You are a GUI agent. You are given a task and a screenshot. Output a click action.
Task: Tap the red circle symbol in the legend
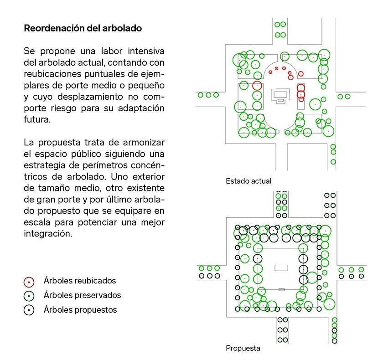point(29,282)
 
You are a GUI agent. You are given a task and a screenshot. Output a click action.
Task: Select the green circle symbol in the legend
point(29,296)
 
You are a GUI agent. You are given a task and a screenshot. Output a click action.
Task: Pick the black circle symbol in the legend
point(29,310)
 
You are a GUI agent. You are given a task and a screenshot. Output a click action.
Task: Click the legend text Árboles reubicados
point(80,281)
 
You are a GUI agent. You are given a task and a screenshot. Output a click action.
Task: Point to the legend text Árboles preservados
point(83,295)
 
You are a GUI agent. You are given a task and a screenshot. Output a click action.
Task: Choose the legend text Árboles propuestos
point(80,310)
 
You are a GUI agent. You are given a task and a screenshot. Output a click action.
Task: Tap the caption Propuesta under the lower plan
point(243,349)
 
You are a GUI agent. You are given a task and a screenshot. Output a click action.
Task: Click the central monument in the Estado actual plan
point(280,95)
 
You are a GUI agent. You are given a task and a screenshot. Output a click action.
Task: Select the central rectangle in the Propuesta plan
point(281,268)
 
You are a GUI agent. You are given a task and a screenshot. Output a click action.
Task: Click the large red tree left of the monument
point(257,86)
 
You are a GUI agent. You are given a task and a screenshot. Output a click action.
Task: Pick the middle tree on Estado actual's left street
point(208,95)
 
